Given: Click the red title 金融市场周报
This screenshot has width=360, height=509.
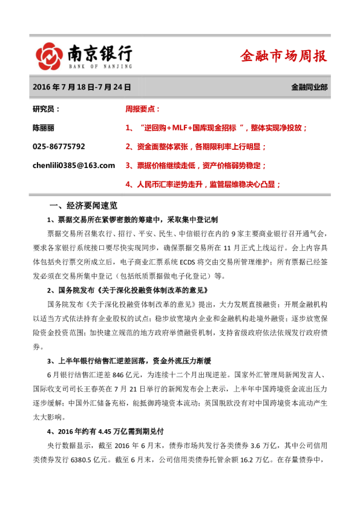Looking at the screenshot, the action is click(283, 56).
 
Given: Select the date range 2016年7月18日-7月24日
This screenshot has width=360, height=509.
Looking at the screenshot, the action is click(82, 87).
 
